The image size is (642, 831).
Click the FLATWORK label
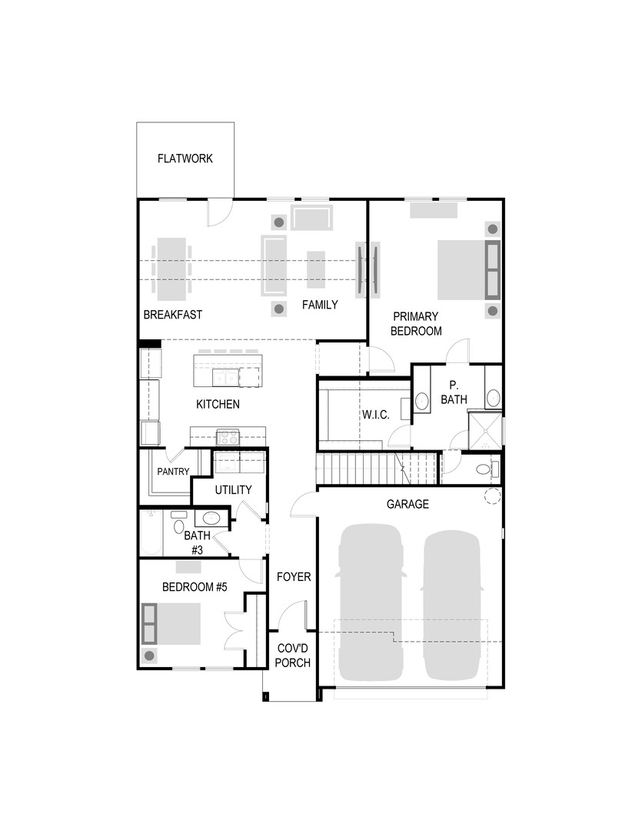tap(185, 159)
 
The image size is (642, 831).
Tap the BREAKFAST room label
tap(173, 315)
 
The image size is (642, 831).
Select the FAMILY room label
tap(319, 305)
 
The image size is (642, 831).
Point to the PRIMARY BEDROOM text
tap(416, 324)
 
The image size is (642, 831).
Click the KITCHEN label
tap(218, 404)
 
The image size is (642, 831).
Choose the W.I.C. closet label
tap(376, 415)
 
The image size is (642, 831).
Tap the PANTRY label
tap(173, 472)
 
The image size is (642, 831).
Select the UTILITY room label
tap(233, 490)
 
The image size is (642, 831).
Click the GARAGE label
tap(407, 505)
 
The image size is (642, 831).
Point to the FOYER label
tap(293, 577)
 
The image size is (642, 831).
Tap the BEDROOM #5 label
tap(195, 587)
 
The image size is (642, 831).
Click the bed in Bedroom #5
tap(173, 624)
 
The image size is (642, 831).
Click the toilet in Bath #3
tap(178, 527)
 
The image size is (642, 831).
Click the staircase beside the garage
tap(377, 469)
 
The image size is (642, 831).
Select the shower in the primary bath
tap(485, 431)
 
